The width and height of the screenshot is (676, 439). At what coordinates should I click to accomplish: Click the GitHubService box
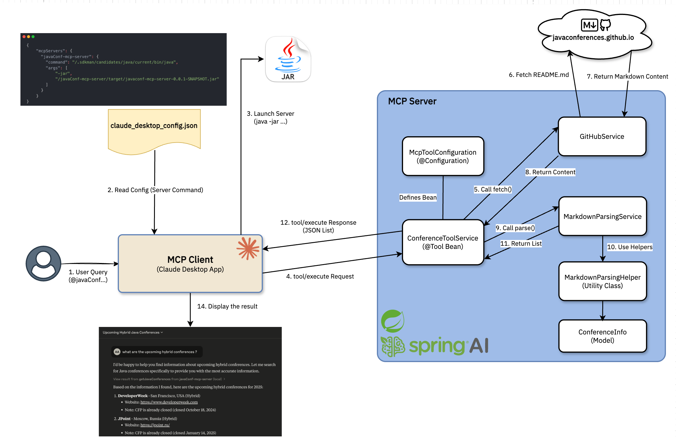pyautogui.click(x=602, y=137)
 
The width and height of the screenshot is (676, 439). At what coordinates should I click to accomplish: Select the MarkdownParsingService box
pyautogui.click(x=602, y=216)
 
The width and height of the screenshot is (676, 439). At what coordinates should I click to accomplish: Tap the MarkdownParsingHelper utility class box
pyautogui.click(x=602, y=281)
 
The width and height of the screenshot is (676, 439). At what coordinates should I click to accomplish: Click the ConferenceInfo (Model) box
pyautogui.click(x=602, y=336)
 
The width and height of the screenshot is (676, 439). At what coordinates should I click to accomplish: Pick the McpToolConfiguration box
pyautogui.click(x=443, y=156)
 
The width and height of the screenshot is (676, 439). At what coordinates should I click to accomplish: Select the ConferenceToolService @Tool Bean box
pyautogui.click(x=443, y=242)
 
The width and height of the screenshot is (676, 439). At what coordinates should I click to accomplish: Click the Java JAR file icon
pyautogui.click(x=288, y=59)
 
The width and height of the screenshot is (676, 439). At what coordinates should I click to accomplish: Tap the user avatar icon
pyautogui.click(x=43, y=263)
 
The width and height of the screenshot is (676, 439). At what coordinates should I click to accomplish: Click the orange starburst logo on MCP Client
pyautogui.click(x=248, y=248)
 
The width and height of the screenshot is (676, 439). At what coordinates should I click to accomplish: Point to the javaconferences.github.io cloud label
pyautogui.click(x=593, y=37)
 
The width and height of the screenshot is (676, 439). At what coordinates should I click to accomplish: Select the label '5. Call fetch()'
pyautogui.click(x=493, y=189)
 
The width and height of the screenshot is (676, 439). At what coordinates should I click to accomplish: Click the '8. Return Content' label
pyautogui.click(x=550, y=172)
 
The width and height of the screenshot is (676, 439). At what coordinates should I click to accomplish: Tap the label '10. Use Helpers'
pyautogui.click(x=630, y=247)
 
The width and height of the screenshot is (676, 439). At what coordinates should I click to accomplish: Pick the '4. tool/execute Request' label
pyautogui.click(x=320, y=276)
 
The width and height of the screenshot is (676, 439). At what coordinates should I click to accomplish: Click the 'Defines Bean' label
pyautogui.click(x=418, y=197)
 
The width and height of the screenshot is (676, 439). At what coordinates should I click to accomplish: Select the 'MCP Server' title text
pyautogui.click(x=412, y=101)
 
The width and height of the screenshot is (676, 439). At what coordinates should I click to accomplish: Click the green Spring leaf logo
pyautogui.click(x=392, y=321)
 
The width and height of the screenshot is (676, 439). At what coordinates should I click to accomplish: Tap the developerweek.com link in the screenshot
pyautogui.click(x=169, y=402)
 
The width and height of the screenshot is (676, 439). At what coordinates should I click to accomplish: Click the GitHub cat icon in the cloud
pyautogui.click(x=605, y=25)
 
